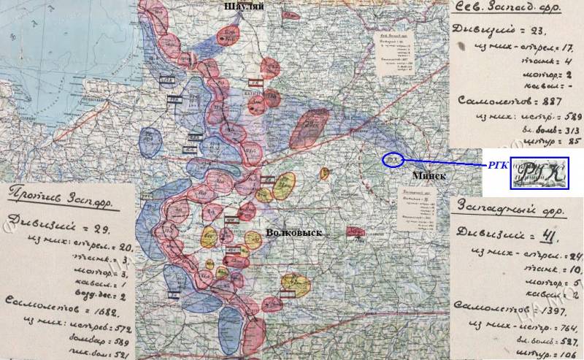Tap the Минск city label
point(428,176)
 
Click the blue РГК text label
point(496,166)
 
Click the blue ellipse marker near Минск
point(393,160)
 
